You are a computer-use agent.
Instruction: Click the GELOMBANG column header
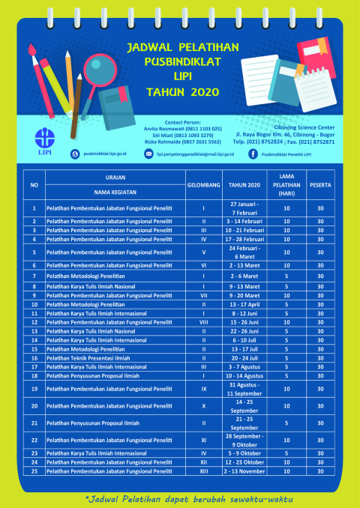pyautogui.click(x=204, y=184)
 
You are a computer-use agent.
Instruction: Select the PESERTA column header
pyautogui.click(x=320, y=184)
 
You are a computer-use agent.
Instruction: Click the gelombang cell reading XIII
pyautogui.click(x=204, y=471)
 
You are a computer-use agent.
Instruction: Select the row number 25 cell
pyautogui.click(x=34, y=471)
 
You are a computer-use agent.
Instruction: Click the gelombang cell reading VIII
pyautogui.click(x=204, y=321)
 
